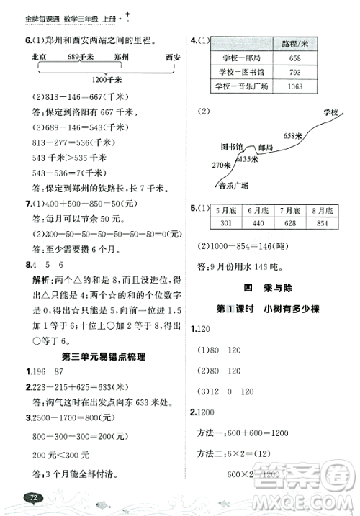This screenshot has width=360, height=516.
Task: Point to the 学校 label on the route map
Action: pyautogui.click(x=331, y=113)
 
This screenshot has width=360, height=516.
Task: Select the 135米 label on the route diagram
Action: pyautogui.click(x=249, y=159)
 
